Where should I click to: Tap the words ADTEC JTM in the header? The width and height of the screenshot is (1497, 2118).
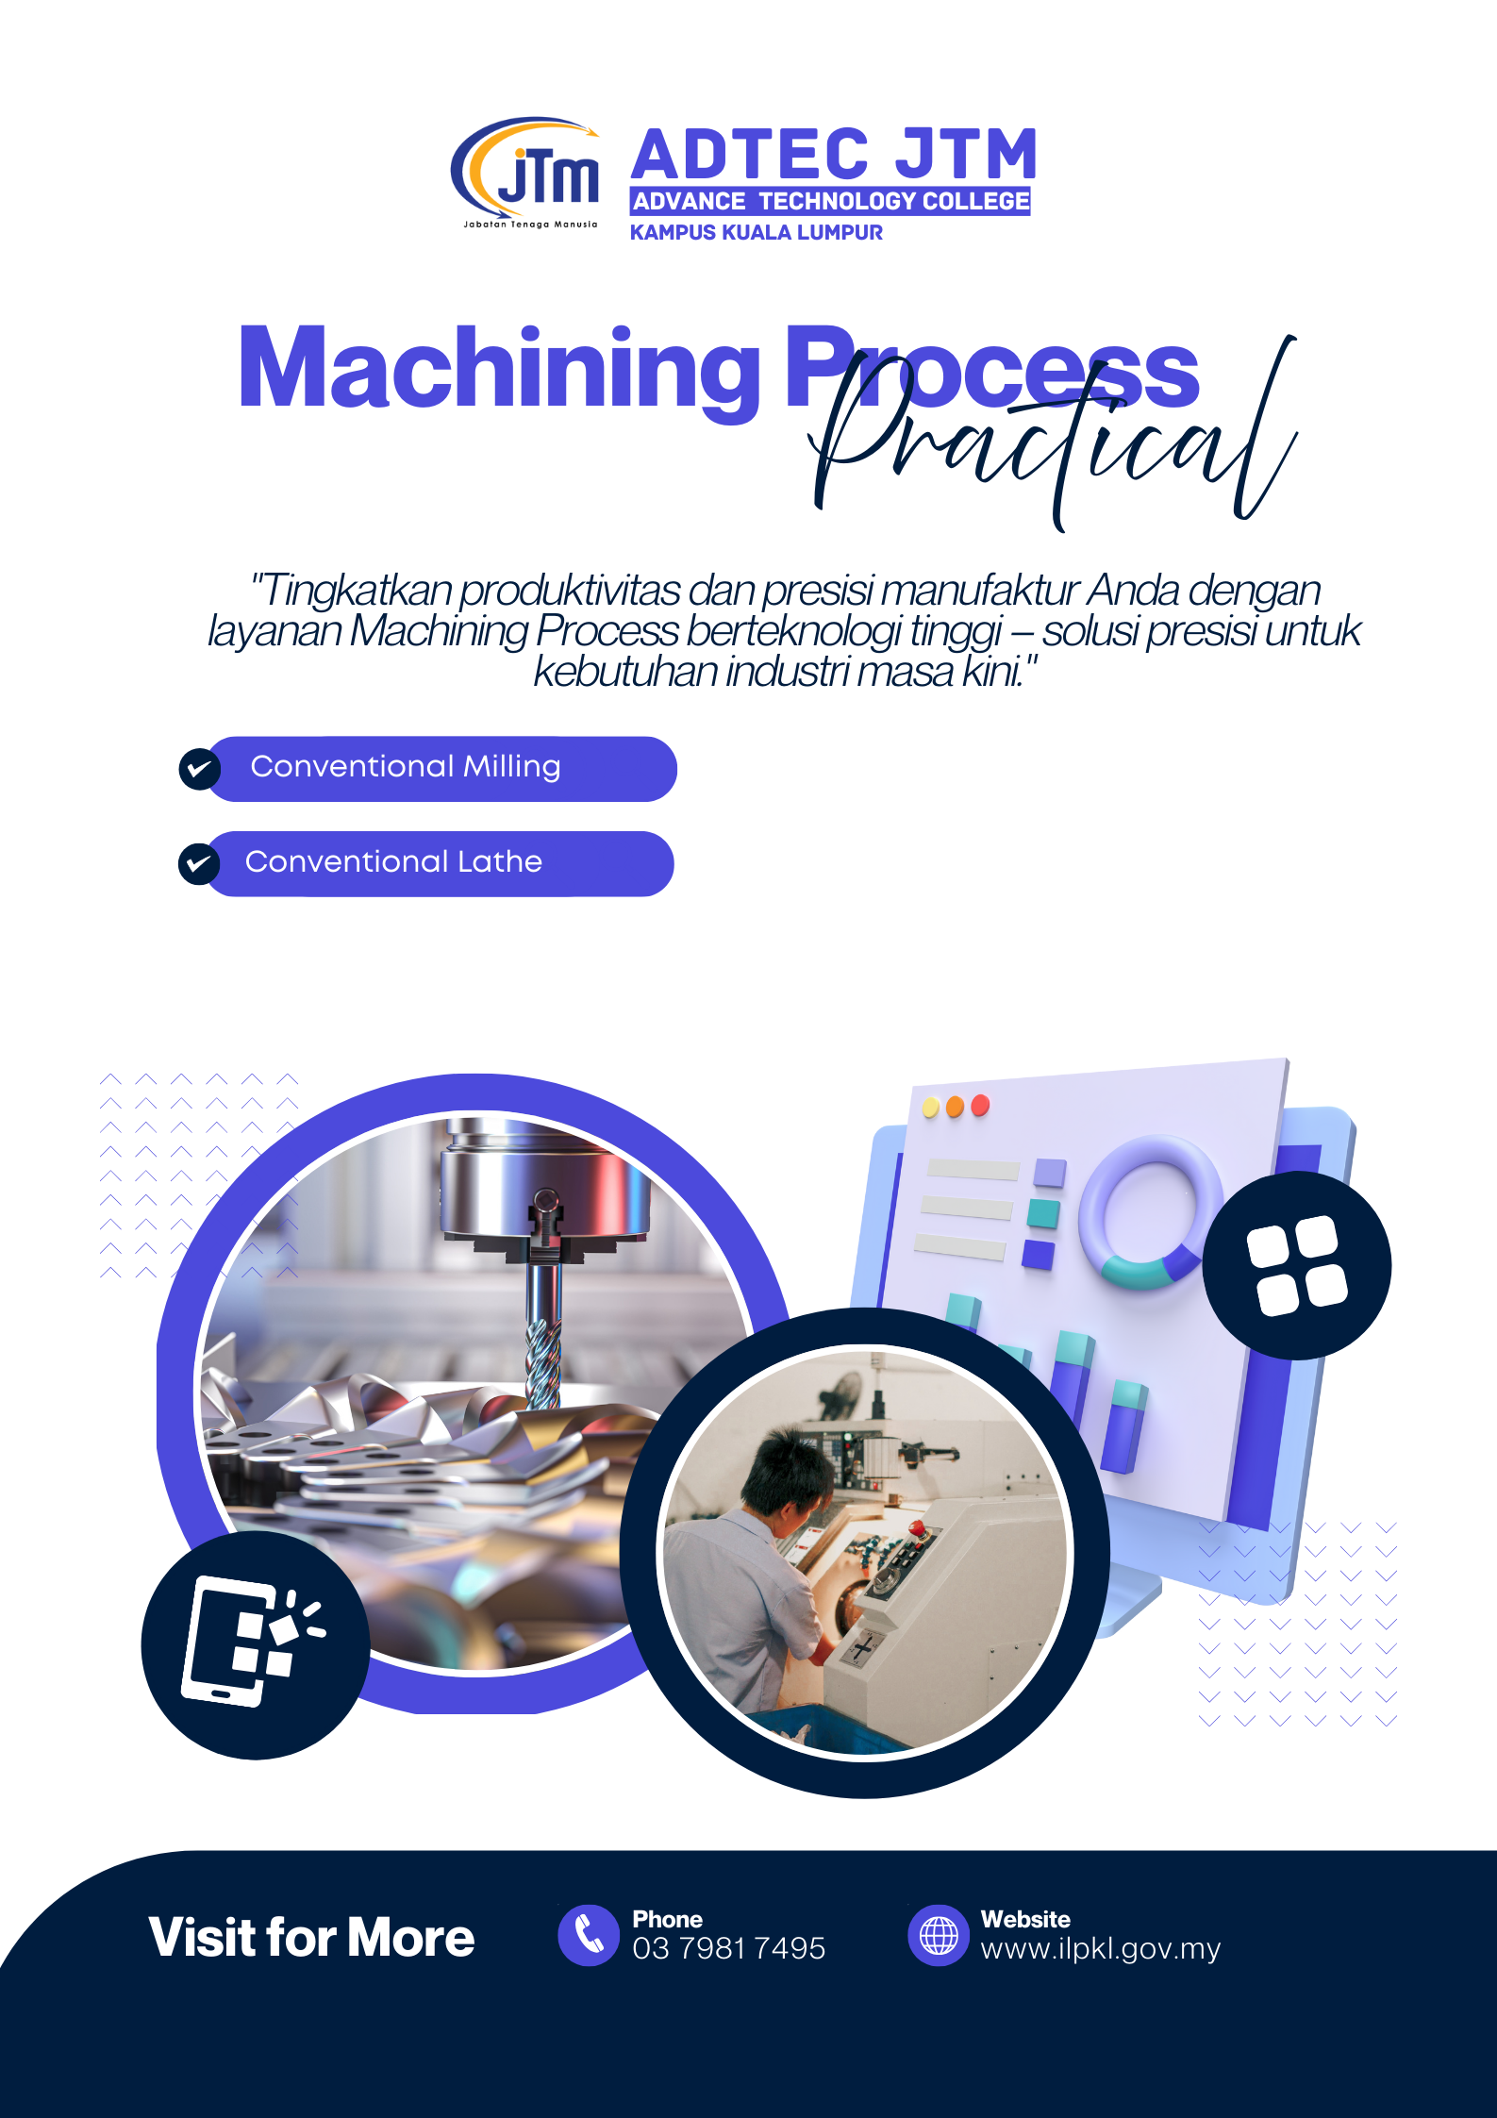[835, 155]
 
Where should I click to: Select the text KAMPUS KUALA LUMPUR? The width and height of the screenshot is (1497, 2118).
[757, 232]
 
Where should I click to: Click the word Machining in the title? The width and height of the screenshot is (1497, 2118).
[499, 370]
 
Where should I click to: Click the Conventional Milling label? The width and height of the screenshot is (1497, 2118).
[406, 766]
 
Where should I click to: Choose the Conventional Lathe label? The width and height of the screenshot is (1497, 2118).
[393, 861]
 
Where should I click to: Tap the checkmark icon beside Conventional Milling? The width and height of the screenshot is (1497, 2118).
[200, 769]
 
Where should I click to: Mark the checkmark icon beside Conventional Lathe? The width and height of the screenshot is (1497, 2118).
[199, 863]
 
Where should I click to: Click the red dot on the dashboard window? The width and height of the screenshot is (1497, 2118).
[980, 1105]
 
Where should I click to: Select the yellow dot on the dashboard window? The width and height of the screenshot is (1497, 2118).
[931, 1108]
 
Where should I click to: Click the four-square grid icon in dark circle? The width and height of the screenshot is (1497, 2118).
[1297, 1265]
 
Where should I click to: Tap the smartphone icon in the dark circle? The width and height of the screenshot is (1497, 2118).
[252, 1641]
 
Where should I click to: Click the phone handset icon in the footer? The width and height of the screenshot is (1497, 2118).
[589, 1935]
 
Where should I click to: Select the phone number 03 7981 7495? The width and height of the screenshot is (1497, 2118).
[729, 1948]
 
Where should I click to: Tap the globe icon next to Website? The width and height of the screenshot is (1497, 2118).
[939, 1935]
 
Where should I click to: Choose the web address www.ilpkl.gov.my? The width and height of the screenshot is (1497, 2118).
[1101, 1949]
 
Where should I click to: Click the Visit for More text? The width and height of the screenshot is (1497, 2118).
[311, 1938]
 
